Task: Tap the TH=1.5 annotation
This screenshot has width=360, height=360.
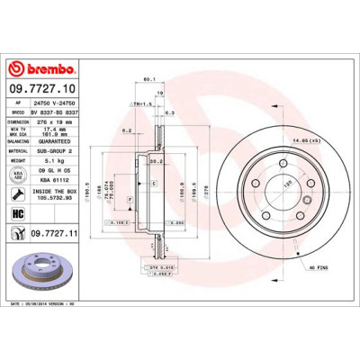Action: click(x=140, y=104)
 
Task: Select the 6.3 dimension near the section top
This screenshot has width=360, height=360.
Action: click(x=170, y=114)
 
